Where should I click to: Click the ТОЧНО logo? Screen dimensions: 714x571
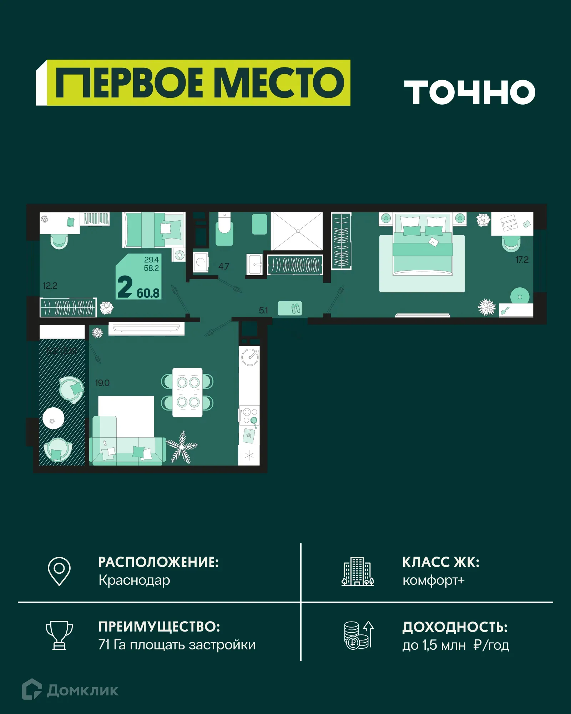pyautogui.click(x=470, y=92)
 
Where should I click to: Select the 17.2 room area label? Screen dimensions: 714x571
pyautogui.click(x=522, y=260)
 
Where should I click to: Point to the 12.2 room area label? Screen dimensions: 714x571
pyautogui.click(x=50, y=286)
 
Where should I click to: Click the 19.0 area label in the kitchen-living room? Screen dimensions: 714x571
pyautogui.click(x=102, y=383)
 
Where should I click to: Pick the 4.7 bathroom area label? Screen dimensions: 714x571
pyautogui.click(x=224, y=266)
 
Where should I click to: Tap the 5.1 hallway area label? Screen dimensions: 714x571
pyautogui.click(x=263, y=310)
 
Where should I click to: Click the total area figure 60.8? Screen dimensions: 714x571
pyautogui.click(x=148, y=293)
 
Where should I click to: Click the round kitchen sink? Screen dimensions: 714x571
pyautogui.click(x=250, y=357)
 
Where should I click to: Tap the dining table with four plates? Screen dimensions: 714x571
pyautogui.click(x=188, y=392)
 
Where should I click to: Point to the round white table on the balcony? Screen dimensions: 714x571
pyautogui.click(x=53, y=418)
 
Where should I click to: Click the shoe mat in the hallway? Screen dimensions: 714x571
pyautogui.click(x=290, y=308)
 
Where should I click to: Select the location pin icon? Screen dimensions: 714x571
pyautogui.click(x=59, y=571)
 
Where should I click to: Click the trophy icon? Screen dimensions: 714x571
pyautogui.click(x=59, y=635)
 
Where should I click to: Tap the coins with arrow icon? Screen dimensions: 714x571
pyautogui.click(x=358, y=635)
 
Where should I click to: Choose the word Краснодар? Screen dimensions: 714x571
pyautogui.click(x=134, y=580)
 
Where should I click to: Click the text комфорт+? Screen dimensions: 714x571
pyautogui.click(x=433, y=580)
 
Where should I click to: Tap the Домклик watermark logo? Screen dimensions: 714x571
pyautogui.click(x=70, y=690)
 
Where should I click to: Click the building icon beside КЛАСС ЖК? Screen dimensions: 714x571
pyautogui.click(x=358, y=571)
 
